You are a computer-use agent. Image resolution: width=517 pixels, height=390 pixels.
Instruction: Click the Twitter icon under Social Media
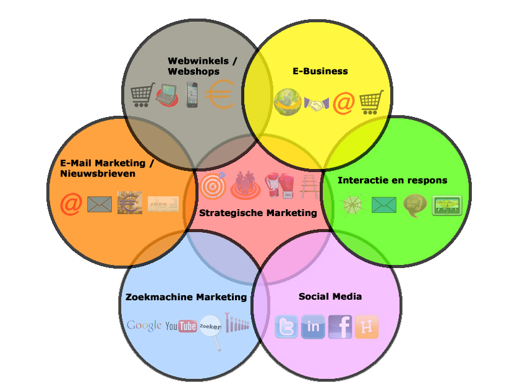click(x=286, y=327)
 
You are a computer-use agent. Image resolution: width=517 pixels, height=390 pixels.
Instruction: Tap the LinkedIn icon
click(x=313, y=327)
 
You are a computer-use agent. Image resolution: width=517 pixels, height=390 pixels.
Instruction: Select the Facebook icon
click(x=340, y=327)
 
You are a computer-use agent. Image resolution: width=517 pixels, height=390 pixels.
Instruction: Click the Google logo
click(x=144, y=326)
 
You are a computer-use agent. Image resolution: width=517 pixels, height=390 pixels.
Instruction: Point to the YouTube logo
click(x=181, y=326)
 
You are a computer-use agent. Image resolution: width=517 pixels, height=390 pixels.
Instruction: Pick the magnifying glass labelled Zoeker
click(x=211, y=330)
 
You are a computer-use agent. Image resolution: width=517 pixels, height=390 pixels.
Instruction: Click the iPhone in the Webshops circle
click(x=194, y=95)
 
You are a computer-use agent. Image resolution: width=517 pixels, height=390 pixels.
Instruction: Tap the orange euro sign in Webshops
click(x=220, y=96)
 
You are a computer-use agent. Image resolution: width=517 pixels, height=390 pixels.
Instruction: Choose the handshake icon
click(x=317, y=105)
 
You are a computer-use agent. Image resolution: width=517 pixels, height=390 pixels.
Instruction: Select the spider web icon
click(x=353, y=205)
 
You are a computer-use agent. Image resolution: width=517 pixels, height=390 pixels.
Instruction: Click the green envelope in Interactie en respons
click(x=384, y=204)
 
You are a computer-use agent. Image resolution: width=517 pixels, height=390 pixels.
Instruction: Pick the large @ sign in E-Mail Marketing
click(x=71, y=204)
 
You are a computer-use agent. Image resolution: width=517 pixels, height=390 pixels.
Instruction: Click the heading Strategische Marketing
click(x=258, y=213)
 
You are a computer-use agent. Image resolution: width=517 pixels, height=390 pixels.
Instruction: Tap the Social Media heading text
click(x=330, y=297)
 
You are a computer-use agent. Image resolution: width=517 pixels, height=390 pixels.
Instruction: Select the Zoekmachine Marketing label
click(x=186, y=297)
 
